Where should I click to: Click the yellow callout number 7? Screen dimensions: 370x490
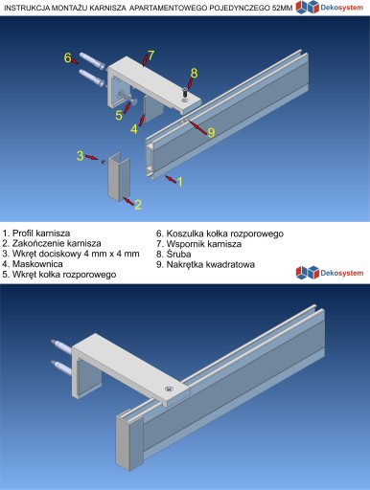pyautogui.click(x=150, y=56)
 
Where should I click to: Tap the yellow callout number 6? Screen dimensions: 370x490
pyautogui.click(x=67, y=57)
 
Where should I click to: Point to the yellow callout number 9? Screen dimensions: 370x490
pyautogui.click(x=211, y=132)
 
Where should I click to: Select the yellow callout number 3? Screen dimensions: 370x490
pyautogui.click(x=80, y=156)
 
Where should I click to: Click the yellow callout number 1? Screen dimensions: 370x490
pyautogui.click(x=180, y=182)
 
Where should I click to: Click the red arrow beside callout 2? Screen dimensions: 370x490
pyautogui.click(x=127, y=201)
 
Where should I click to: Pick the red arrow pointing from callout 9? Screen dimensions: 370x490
pyautogui.click(x=198, y=125)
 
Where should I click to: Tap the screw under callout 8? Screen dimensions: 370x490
pyautogui.click(x=185, y=94)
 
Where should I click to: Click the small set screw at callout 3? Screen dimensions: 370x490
pyautogui.click(x=104, y=162)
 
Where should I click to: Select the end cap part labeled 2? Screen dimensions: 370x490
pyautogui.click(x=119, y=177)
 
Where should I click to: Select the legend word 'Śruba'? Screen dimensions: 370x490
pyautogui.click(x=178, y=254)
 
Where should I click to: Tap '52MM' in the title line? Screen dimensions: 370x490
pyautogui.click(x=282, y=9)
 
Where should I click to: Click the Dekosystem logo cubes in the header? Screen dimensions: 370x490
pyautogui.click(x=308, y=7)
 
